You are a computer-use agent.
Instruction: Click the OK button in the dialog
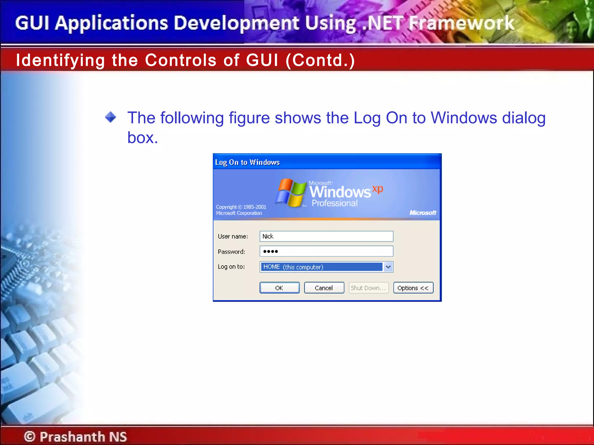click(279, 288)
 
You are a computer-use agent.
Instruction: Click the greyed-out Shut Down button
click(368, 288)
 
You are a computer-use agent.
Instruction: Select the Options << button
click(413, 288)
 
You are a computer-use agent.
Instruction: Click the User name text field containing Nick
click(326, 236)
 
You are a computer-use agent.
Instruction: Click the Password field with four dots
click(326, 251)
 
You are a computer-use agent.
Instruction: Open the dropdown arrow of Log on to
click(388, 267)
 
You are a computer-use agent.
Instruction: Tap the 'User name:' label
click(233, 236)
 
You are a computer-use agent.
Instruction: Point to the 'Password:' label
click(231, 251)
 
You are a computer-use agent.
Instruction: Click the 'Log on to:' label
click(231, 267)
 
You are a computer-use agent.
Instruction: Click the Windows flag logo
click(291, 193)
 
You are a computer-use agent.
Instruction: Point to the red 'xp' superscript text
click(378, 189)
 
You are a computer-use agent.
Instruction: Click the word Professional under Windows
click(334, 203)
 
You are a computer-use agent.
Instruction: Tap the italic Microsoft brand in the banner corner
click(423, 213)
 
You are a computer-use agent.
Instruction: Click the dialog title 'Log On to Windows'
click(247, 162)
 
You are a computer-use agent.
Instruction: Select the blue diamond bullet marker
click(111, 117)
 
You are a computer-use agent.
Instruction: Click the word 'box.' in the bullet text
click(143, 138)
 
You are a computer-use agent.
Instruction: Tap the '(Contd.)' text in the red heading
click(320, 60)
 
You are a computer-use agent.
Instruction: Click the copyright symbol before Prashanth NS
click(30, 436)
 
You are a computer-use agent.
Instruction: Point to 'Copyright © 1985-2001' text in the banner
click(241, 207)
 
